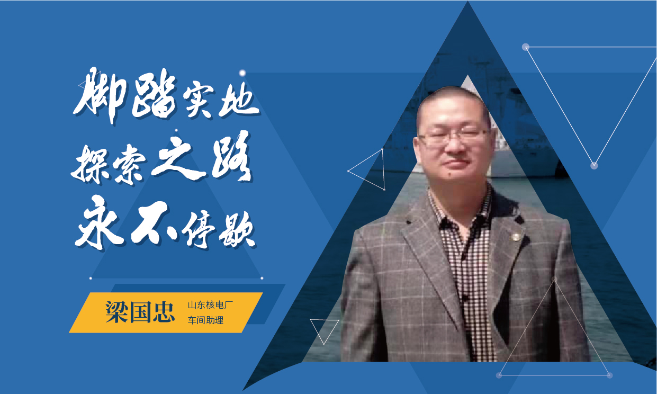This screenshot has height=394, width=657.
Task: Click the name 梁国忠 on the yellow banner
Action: [x=140, y=312]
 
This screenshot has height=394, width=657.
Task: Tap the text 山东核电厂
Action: [x=210, y=305]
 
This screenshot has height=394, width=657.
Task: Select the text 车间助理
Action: [x=205, y=320]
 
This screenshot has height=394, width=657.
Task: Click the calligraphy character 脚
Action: [x=100, y=94]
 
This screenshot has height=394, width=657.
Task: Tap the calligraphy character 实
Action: [x=199, y=102]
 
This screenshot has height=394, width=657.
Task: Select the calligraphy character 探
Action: [x=91, y=164]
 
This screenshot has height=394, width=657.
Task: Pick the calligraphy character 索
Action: [x=130, y=167]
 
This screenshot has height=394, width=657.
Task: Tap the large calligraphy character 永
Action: [x=98, y=222]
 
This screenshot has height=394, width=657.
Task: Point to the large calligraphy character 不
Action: [x=152, y=223]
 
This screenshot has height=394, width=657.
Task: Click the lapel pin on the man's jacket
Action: [x=515, y=236]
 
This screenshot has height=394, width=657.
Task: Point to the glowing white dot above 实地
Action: [x=242, y=73]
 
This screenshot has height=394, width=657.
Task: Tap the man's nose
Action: [x=454, y=147]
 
